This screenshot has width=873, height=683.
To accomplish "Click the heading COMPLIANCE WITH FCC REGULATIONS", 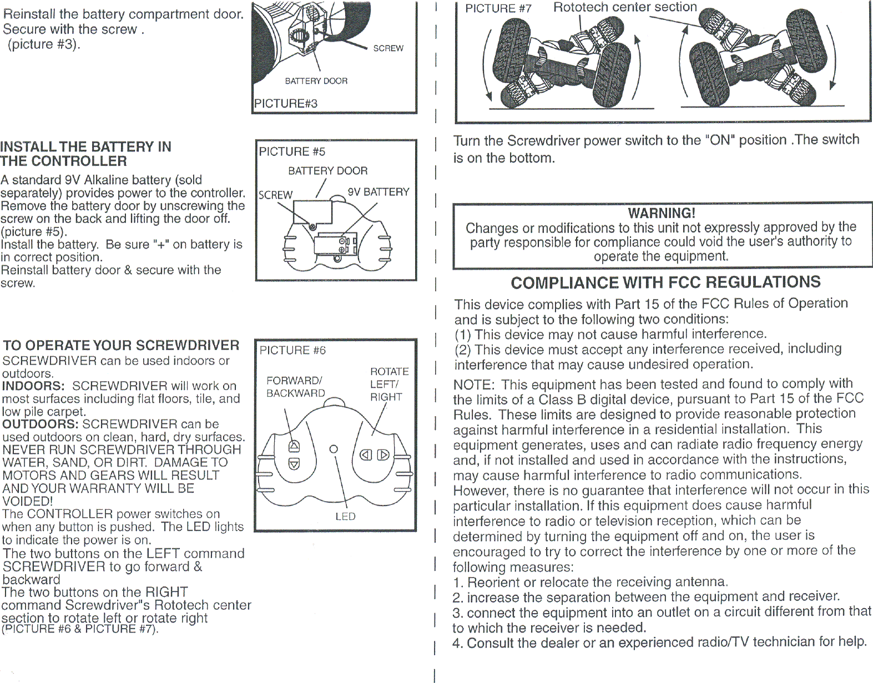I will point(665,282).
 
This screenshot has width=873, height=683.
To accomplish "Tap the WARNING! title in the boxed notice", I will point(662,213).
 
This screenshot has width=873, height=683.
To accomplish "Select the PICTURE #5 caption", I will point(292,151).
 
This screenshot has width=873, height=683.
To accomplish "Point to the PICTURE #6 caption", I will point(292,350).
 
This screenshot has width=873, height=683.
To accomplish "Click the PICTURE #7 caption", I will point(498,8).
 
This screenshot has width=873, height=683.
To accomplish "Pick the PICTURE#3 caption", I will point(286,103).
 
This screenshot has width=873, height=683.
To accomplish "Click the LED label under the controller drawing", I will point(345,517).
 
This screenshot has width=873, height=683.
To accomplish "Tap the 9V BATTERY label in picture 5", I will point(379,192).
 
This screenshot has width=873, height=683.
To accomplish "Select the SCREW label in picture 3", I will point(388,48).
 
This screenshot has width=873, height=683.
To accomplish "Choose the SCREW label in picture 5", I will point(275,195).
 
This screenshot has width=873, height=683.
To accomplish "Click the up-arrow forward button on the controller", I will point(294,446).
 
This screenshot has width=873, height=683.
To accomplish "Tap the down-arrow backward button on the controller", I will point(294,464).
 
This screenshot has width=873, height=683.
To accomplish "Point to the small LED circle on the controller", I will point(334,448).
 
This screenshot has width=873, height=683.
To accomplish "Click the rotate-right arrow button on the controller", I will point(383,455).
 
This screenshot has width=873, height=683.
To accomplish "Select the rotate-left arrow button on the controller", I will point(366,455).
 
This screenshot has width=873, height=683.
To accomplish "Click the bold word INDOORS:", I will point(33,386).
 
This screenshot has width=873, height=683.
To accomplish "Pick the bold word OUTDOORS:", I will point(41,424).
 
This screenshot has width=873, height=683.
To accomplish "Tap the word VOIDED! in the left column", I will point(28,501).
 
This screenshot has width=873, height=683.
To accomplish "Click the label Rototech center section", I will point(625,7).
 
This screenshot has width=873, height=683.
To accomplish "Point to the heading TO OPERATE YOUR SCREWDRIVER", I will point(121,345).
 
